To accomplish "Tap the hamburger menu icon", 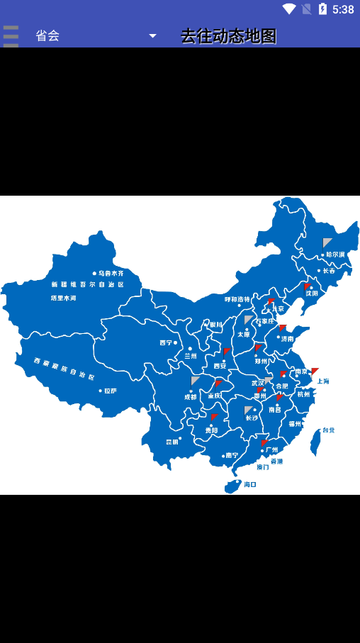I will pyautogui.click(x=11, y=35).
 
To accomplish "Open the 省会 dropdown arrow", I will pyautogui.click(x=152, y=36).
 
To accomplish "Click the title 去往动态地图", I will pyautogui.click(x=228, y=36).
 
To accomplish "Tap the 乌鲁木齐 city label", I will pyautogui.click(x=111, y=273).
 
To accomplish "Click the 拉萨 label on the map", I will pyautogui.click(x=110, y=391).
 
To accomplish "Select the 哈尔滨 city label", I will pyautogui.click(x=335, y=255).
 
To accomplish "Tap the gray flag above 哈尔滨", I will pyautogui.click(x=327, y=243).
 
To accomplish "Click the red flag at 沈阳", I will pyautogui.click(x=308, y=287).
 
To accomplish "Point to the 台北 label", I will pyautogui.click(x=328, y=430).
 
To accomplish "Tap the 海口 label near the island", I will pyautogui.click(x=249, y=485).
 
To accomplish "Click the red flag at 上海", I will pyautogui.click(x=315, y=371).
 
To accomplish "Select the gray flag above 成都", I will pyautogui.click(x=195, y=381).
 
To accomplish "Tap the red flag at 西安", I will pyautogui.click(x=226, y=352).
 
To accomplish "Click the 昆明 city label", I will pyautogui.click(x=172, y=442).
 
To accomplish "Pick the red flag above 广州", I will pyautogui.click(x=264, y=443).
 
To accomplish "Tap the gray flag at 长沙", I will pyautogui.click(x=248, y=410).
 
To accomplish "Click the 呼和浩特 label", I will pyautogui.click(x=237, y=299).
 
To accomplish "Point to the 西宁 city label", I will pyautogui.click(x=166, y=342).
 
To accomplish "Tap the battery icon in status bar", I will pyautogui.click(x=323, y=9).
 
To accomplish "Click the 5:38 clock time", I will pyautogui.click(x=343, y=9).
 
